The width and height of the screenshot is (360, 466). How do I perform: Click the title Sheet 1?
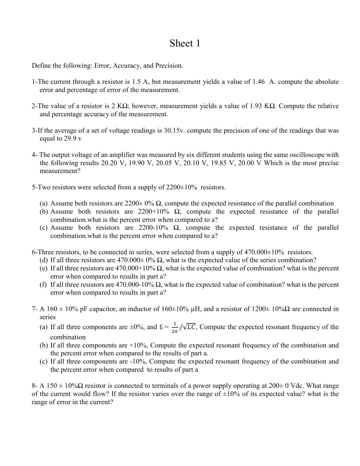pos(180,43)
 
